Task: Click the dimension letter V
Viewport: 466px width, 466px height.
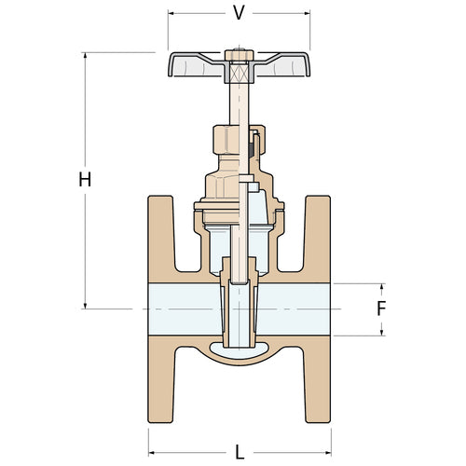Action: tap(239, 13)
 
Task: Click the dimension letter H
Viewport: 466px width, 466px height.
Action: tap(85, 180)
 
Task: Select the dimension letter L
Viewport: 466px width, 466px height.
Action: tap(239, 452)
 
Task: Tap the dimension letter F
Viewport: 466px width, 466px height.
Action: tap(381, 308)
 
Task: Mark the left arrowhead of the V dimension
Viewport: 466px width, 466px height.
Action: tap(172, 14)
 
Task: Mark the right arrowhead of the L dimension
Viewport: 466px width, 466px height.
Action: tap(327, 451)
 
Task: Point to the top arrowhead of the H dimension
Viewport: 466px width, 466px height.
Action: tap(86, 57)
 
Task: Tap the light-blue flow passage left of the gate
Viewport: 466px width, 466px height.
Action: tap(182, 308)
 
